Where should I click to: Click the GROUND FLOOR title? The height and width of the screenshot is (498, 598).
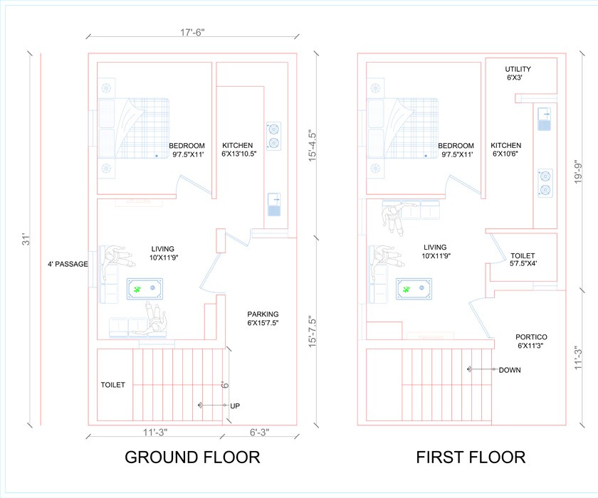tap(192, 457)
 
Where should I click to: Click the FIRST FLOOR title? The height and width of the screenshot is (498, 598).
tap(471, 457)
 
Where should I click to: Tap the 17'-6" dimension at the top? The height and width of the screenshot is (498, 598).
tap(192, 33)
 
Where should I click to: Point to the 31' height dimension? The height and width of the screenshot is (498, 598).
tap(26, 240)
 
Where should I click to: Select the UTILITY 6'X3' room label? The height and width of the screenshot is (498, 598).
tap(518, 73)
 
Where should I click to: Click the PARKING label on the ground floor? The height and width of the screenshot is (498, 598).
tap(263, 319)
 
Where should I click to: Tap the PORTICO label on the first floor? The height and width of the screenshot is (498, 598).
tap(531, 341)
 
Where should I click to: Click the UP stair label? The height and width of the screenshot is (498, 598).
tap(235, 406)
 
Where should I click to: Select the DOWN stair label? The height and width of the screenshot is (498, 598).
tap(510, 370)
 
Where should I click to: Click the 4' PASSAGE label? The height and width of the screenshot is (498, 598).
tap(68, 264)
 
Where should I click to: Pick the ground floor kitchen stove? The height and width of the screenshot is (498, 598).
tap(273, 136)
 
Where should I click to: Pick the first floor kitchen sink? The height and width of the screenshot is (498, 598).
tap(544, 119)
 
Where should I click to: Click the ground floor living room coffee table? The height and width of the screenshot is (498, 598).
tap(145, 289)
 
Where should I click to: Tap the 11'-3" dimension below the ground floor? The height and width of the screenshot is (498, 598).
tap(155, 433)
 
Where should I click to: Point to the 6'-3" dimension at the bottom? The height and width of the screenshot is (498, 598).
tap(259, 433)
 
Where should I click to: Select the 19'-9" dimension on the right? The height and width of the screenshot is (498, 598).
tap(578, 171)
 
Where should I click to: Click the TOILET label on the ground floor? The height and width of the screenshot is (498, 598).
tap(113, 385)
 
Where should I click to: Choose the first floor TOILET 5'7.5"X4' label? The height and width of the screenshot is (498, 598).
tap(523, 259)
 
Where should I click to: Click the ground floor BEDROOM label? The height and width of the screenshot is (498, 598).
tap(187, 150)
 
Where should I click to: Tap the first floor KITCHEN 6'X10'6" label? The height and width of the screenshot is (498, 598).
tap(505, 149)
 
